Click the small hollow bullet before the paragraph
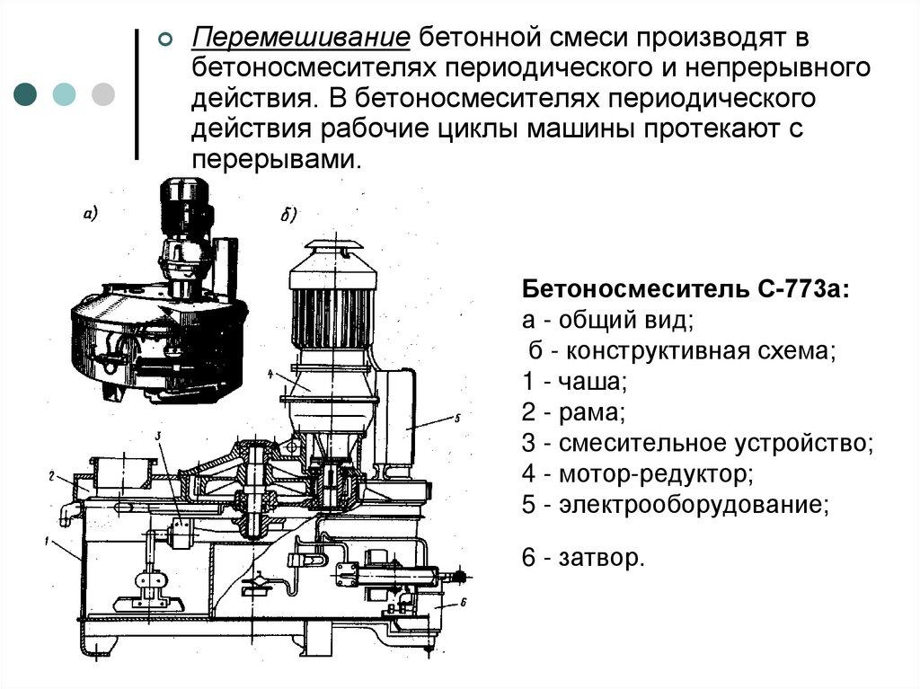[165, 40]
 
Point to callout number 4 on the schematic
[270, 370]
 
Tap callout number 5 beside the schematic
[456, 418]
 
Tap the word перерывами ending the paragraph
[275, 159]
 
